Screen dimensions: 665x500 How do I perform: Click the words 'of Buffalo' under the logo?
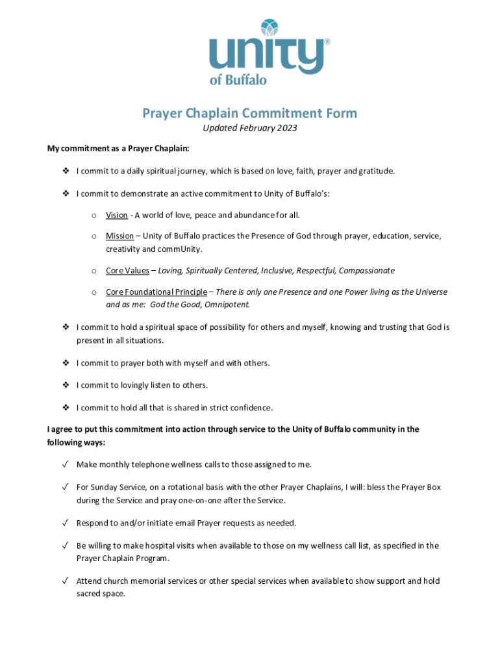[238, 80]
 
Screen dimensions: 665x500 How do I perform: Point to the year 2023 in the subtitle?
[286, 128]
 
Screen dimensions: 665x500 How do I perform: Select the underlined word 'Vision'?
[117, 215]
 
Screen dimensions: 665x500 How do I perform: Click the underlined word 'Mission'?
[119, 236]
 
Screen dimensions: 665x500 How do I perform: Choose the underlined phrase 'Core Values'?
[127, 270]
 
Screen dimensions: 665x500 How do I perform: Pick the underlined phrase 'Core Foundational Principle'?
[156, 292]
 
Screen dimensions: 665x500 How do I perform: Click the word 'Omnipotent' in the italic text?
[228, 304]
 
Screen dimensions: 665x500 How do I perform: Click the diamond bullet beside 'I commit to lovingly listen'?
[66, 385]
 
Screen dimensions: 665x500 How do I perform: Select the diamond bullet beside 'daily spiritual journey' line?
[66, 171]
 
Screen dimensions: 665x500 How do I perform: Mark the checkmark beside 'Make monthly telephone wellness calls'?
[66, 464]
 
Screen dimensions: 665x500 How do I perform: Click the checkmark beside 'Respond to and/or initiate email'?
[66, 523]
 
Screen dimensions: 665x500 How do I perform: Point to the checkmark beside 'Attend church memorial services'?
[66, 581]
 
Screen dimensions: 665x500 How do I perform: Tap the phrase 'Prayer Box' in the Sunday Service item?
[420, 487]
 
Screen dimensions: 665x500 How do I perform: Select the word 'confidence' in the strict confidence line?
[250, 408]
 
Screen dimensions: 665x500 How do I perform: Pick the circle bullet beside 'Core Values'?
[94, 271]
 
